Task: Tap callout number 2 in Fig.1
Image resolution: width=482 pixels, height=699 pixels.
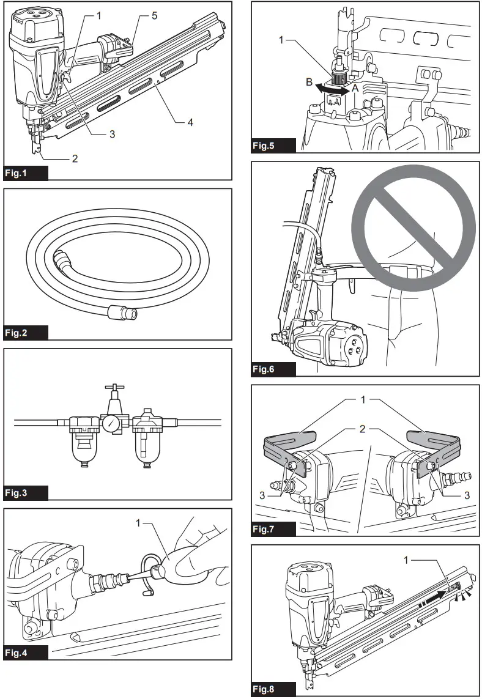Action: pyautogui.click(x=75, y=158)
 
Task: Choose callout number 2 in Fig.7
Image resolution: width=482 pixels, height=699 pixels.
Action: pyautogui.click(x=362, y=429)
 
